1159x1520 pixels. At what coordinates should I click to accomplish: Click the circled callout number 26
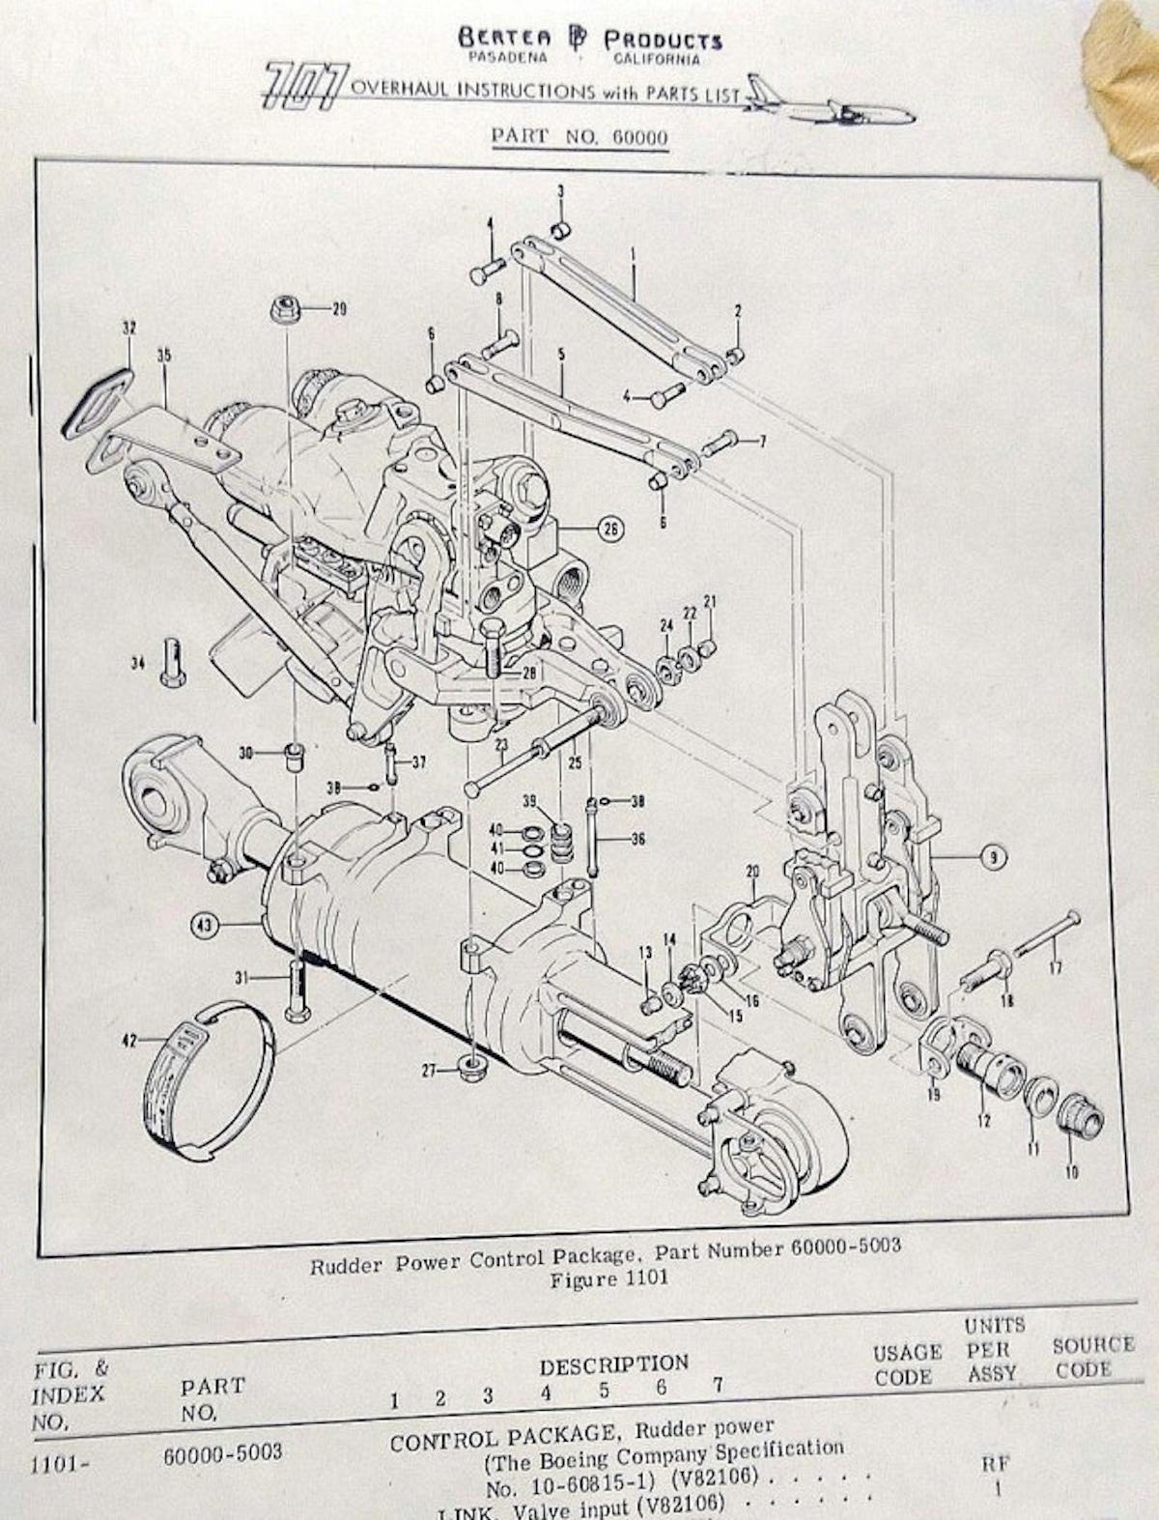click(611, 529)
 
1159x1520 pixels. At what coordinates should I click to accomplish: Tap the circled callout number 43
click(204, 925)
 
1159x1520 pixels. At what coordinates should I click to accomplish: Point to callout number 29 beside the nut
click(338, 309)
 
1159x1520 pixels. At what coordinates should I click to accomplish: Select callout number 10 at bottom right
click(1072, 1173)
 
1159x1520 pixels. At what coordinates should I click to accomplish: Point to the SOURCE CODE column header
click(1091, 1357)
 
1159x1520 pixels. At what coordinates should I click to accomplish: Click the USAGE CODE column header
click(906, 1364)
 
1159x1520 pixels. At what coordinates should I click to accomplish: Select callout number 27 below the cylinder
click(430, 1070)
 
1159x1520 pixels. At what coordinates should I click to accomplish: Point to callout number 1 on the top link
click(633, 257)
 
